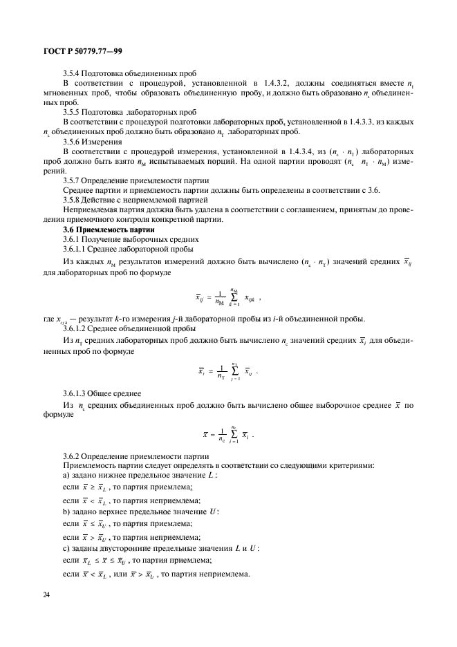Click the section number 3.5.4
(x=72, y=73)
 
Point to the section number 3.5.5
(x=72, y=111)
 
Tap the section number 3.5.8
(x=72, y=200)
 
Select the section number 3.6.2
(x=72, y=456)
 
